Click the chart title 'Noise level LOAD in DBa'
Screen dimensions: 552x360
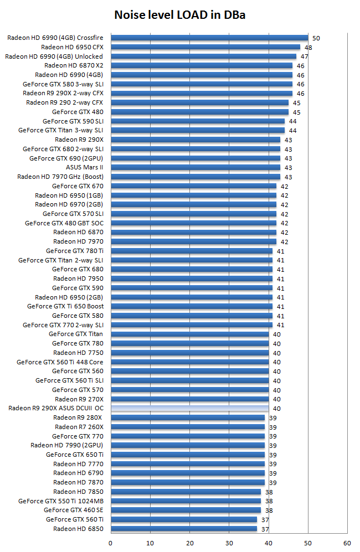[x=179, y=15]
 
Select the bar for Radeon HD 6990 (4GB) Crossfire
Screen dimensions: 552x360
[x=209, y=38]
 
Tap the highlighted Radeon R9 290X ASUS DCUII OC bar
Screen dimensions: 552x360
[x=189, y=408]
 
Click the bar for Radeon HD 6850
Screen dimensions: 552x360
[x=184, y=529]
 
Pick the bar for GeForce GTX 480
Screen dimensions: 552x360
[x=199, y=112]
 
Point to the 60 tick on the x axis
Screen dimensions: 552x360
[x=347, y=543]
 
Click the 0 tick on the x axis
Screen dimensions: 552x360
[x=111, y=543]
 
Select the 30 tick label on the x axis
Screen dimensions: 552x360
[x=229, y=543]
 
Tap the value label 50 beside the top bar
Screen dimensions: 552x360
[x=316, y=38]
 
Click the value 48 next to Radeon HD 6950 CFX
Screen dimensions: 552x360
[x=308, y=48]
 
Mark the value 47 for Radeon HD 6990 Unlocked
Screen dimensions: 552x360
[x=305, y=56]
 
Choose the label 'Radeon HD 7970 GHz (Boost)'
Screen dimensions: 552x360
[x=60, y=177]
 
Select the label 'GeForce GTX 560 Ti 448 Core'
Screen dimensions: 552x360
[x=60, y=362]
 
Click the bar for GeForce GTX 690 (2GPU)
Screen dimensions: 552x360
[x=196, y=158]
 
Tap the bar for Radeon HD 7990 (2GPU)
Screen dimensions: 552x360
[x=188, y=445]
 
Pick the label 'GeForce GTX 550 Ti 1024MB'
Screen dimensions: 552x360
[x=61, y=501]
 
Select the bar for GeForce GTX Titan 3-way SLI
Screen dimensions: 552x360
[x=198, y=130]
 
